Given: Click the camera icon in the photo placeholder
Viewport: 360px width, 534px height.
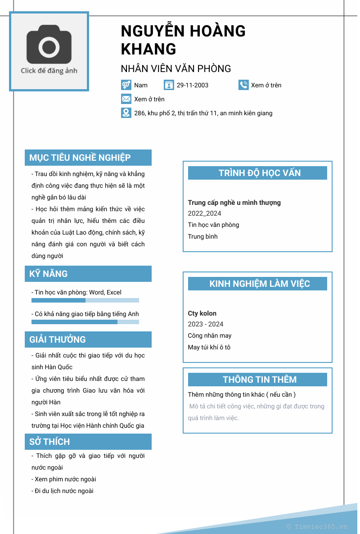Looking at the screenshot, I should (49, 46).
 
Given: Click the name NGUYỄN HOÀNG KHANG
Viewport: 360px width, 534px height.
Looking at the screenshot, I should (183, 40).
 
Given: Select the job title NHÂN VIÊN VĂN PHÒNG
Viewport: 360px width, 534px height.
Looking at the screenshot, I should (176, 69).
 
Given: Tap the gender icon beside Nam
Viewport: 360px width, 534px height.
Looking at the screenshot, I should (126, 85).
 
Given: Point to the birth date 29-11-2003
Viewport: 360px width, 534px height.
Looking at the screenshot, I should (192, 85).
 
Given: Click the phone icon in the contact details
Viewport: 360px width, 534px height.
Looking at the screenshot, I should (243, 85).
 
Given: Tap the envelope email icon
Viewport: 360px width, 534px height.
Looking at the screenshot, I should (126, 99).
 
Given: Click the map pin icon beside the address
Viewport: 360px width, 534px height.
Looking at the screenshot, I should (126, 113).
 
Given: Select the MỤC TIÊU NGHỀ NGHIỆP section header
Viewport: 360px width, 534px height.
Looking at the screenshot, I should (88, 158).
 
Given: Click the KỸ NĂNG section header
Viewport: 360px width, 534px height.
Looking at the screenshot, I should (88, 274).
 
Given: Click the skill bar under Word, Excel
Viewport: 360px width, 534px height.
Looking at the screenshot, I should (85, 300).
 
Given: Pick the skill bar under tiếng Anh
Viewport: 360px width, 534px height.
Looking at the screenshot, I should (85, 322).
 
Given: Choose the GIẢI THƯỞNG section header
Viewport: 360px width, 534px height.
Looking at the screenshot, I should (88, 339).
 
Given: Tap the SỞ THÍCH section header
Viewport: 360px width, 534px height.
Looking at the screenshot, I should (88, 442).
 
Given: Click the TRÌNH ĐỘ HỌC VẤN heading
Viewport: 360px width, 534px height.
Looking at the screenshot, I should (257, 173).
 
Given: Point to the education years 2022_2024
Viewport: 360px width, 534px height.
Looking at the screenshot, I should (204, 213).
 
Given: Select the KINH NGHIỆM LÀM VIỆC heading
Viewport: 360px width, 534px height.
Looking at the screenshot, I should (257, 284).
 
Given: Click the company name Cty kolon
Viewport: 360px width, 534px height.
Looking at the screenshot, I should (202, 313).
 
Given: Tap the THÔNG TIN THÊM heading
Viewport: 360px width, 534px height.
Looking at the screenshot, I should (257, 380).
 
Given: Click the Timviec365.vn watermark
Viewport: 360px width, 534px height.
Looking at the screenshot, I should (317, 526).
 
